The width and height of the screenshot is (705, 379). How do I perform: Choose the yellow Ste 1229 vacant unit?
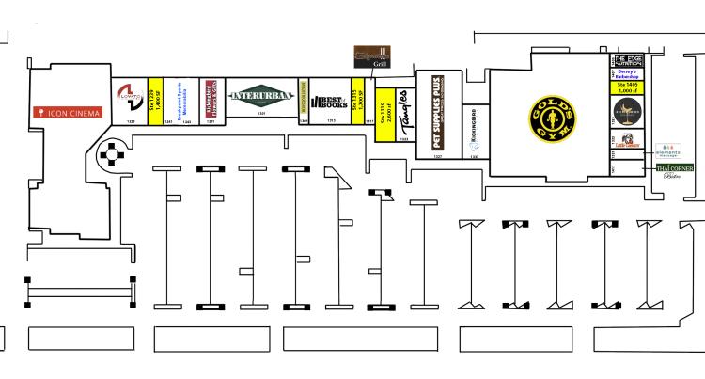[x=155, y=100]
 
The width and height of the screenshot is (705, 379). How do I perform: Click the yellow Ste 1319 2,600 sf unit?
[x=384, y=118]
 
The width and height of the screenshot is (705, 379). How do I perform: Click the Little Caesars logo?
[x=627, y=144]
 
